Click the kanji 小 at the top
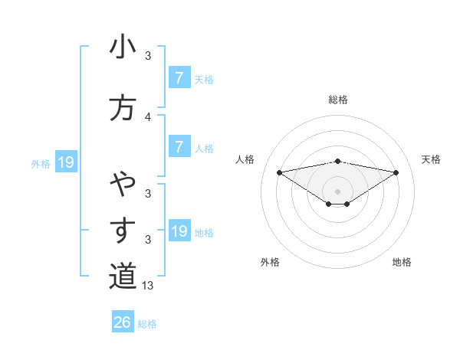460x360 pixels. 123,47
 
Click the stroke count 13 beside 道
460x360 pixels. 149,286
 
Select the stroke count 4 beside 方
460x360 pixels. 148,117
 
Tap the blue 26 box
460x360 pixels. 123,322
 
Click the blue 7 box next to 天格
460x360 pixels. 179,78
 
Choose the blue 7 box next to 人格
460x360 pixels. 179,147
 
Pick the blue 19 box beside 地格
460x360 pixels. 179,231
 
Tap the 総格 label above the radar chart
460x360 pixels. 337,100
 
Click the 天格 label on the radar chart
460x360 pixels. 432,159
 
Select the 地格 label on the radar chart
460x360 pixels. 402,262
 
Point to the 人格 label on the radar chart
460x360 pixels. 245,159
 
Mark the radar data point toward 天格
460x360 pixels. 396,172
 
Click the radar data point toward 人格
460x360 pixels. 279,172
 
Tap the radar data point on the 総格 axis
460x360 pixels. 337,161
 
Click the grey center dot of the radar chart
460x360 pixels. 337,191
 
